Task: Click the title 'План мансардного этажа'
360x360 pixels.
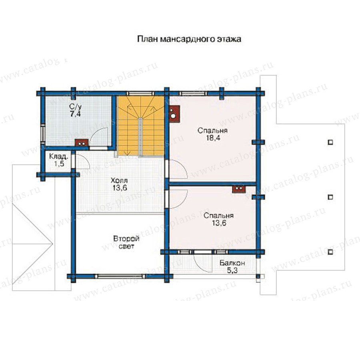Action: click(189, 39)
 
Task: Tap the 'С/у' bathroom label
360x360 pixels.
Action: click(76, 106)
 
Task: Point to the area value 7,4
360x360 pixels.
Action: click(76, 114)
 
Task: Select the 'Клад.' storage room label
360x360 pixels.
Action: click(59, 157)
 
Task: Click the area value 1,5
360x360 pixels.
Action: click(60, 164)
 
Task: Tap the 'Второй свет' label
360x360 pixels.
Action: click(126, 242)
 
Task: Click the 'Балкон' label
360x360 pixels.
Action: click(232, 263)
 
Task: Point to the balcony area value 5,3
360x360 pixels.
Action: click(232, 271)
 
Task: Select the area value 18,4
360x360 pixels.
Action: click(213, 138)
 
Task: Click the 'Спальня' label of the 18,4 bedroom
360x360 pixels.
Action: click(213, 130)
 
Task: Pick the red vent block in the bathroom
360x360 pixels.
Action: click(82, 143)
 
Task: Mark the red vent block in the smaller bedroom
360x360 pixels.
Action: click(239, 189)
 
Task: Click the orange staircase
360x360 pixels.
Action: click(141, 126)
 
